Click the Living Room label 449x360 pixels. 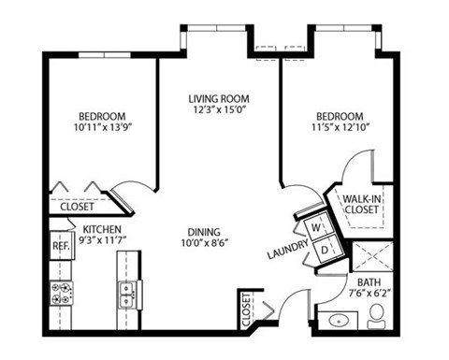tap(219, 97)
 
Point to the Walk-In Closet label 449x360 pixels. tap(360, 205)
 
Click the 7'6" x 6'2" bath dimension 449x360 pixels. tap(370, 294)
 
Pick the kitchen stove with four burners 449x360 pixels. tap(63, 295)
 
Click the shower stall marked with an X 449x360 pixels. tap(369, 254)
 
